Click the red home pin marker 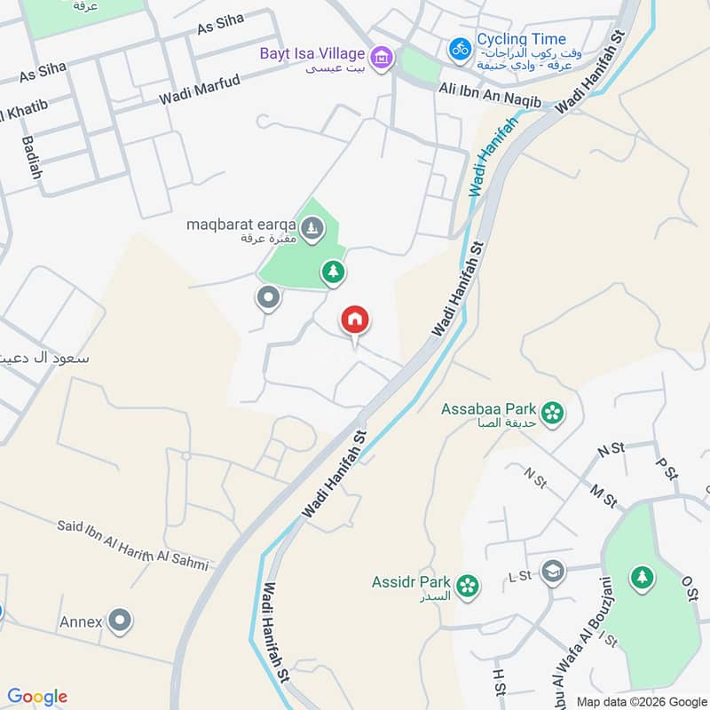(355, 320)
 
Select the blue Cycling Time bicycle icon (460, 48)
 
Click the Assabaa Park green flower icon (553, 413)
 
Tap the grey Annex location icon (120, 621)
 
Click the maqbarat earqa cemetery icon (312, 231)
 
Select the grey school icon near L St (553, 570)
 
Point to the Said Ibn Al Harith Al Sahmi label (133, 545)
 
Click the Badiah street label (33, 156)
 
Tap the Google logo (37, 697)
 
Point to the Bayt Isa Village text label (312, 52)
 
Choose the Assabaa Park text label (489, 409)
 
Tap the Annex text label (81, 622)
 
